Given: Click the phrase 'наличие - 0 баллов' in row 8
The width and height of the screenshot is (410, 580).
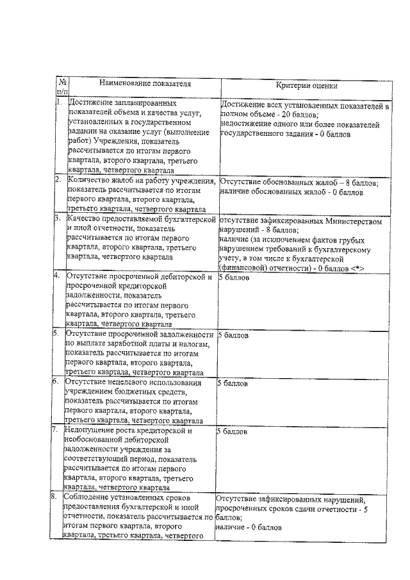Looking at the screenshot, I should [248, 527].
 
